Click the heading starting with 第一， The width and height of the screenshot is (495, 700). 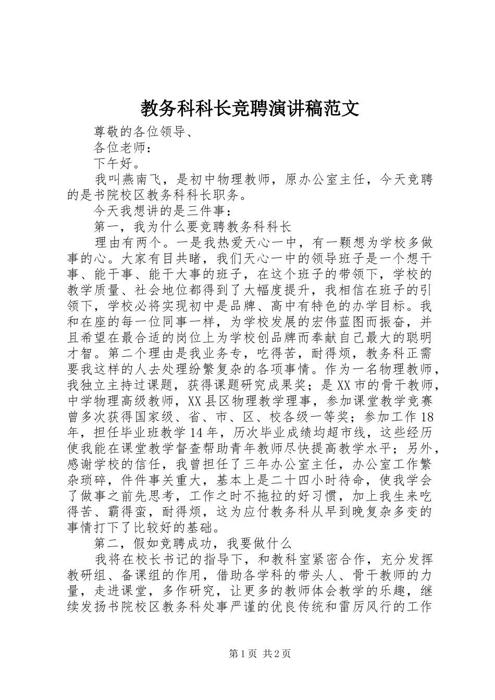point(192,227)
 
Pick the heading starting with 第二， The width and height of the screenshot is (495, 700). point(192,543)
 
